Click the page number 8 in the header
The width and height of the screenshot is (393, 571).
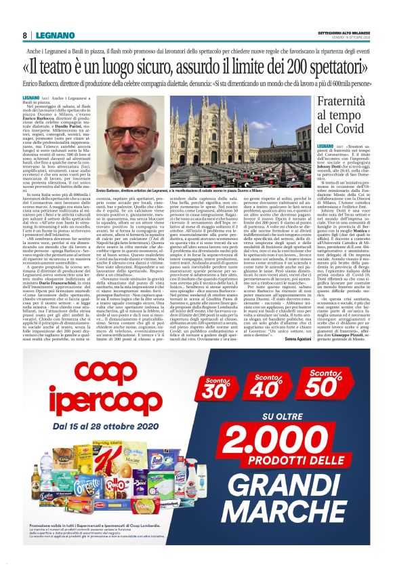pyautogui.click(x=24, y=35)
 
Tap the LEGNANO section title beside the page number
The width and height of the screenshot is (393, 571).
pyautogui.click(x=50, y=35)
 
